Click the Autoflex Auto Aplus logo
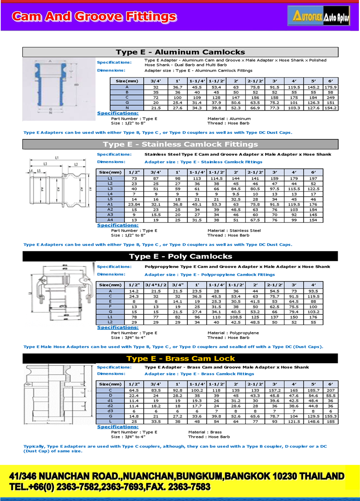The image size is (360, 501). [319, 16]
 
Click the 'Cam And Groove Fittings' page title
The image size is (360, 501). [94, 16]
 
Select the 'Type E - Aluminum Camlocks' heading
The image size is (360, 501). [180, 52]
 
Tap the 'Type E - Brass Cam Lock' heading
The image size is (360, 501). [180, 358]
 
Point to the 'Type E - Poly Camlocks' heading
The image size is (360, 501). [180, 256]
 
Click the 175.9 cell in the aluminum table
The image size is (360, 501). [331, 87]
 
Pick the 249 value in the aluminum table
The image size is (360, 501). [331, 97]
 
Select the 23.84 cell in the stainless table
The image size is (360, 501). [134, 204]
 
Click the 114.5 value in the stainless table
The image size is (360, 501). [216, 178]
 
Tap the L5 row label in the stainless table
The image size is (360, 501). [110, 199]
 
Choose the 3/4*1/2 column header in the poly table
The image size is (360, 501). [156, 285]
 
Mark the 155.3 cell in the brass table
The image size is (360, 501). [331, 416]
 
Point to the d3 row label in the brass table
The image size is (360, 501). [110, 411]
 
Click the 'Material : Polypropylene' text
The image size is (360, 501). [233, 333]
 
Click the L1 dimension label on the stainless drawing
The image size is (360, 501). [57, 158]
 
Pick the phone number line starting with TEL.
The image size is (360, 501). [110, 487]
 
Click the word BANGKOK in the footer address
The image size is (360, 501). [247, 476]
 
